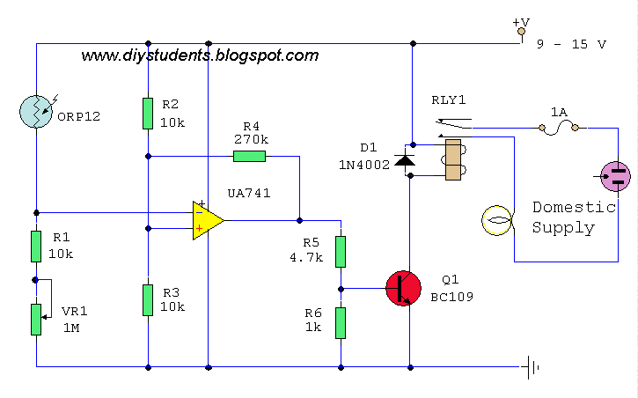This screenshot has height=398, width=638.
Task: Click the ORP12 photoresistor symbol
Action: pyautogui.click(x=36, y=112)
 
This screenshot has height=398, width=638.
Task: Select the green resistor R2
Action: pyautogui.click(x=148, y=113)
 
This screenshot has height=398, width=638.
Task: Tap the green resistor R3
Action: pyautogui.click(x=148, y=299)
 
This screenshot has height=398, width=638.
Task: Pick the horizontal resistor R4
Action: pyautogui.click(x=249, y=157)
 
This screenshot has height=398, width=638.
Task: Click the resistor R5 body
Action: pyautogui.click(x=341, y=251)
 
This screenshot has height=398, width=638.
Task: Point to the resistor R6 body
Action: pyautogui.click(x=341, y=322)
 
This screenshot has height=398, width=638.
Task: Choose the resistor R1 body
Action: pyautogui.click(x=36, y=247)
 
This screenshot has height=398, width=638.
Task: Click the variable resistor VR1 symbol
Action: pyautogui.click(x=36, y=319)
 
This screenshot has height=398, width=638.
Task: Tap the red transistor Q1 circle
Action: pyautogui.click(x=404, y=288)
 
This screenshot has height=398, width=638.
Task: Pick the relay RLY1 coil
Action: pyautogui.click(x=454, y=160)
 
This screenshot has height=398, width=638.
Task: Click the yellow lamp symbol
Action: pyautogui.click(x=498, y=220)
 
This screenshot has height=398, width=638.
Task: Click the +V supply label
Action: pyautogui.click(x=520, y=22)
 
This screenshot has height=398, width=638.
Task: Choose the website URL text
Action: pyautogui.click(x=200, y=55)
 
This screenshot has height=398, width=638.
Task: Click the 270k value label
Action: pyautogui.click(x=251, y=139)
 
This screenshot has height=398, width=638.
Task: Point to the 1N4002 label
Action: pyautogui.click(x=364, y=164)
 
